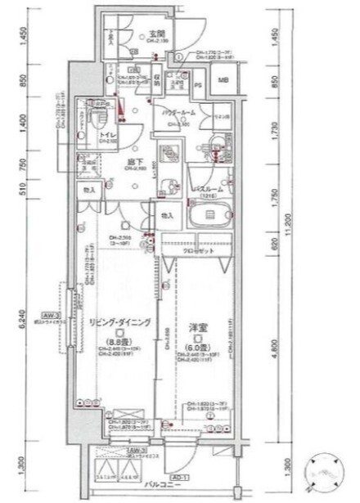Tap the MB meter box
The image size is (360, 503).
point(223,80)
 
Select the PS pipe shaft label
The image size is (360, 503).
point(199,83)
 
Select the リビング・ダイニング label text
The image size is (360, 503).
point(120,323)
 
